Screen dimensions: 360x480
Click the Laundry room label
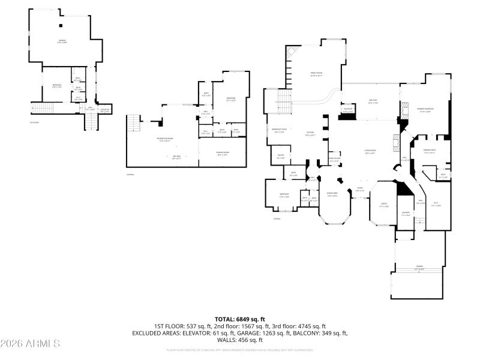coord(406,214)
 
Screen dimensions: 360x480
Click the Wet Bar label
coord(176,157)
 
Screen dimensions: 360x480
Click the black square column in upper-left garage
coord(60,25)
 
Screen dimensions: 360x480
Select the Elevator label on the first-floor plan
coord(105,110)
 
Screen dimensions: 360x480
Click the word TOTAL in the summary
coord(225,319)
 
